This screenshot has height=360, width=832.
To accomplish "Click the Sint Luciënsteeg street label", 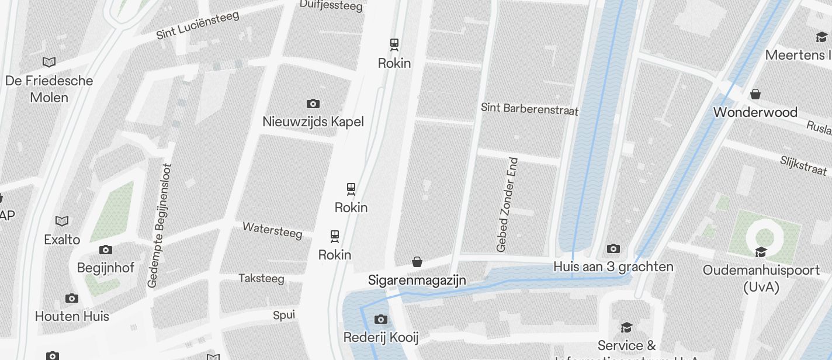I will (x=197, y=25).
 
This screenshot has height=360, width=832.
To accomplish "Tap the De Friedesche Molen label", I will (x=49, y=89).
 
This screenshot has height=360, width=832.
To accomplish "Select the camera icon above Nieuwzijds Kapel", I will (x=313, y=104).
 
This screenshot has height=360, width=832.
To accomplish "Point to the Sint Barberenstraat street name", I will (x=529, y=109).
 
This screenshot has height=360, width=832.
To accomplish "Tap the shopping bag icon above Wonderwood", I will (x=755, y=94).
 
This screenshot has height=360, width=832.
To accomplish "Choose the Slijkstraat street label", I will (x=803, y=165).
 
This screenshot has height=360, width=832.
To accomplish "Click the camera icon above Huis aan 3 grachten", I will (x=613, y=249).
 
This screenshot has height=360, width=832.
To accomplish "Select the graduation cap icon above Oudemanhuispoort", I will (x=761, y=252).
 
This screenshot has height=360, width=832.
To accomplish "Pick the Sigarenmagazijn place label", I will (x=417, y=280).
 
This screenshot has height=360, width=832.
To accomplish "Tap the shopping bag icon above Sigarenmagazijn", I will (x=417, y=262).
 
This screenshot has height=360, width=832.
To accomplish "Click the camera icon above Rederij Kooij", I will (x=381, y=319).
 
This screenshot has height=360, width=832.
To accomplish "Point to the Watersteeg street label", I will (x=272, y=230).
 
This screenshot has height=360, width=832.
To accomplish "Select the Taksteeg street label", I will (x=261, y=278).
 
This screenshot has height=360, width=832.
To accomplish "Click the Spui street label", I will (x=284, y=316).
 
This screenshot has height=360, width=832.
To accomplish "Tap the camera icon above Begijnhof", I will (x=106, y=250).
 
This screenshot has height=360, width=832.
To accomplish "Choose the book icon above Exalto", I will (x=62, y=221).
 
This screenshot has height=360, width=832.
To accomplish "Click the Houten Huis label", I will (x=72, y=316).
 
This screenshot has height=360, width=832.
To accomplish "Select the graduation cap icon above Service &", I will (x=626, y=327).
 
